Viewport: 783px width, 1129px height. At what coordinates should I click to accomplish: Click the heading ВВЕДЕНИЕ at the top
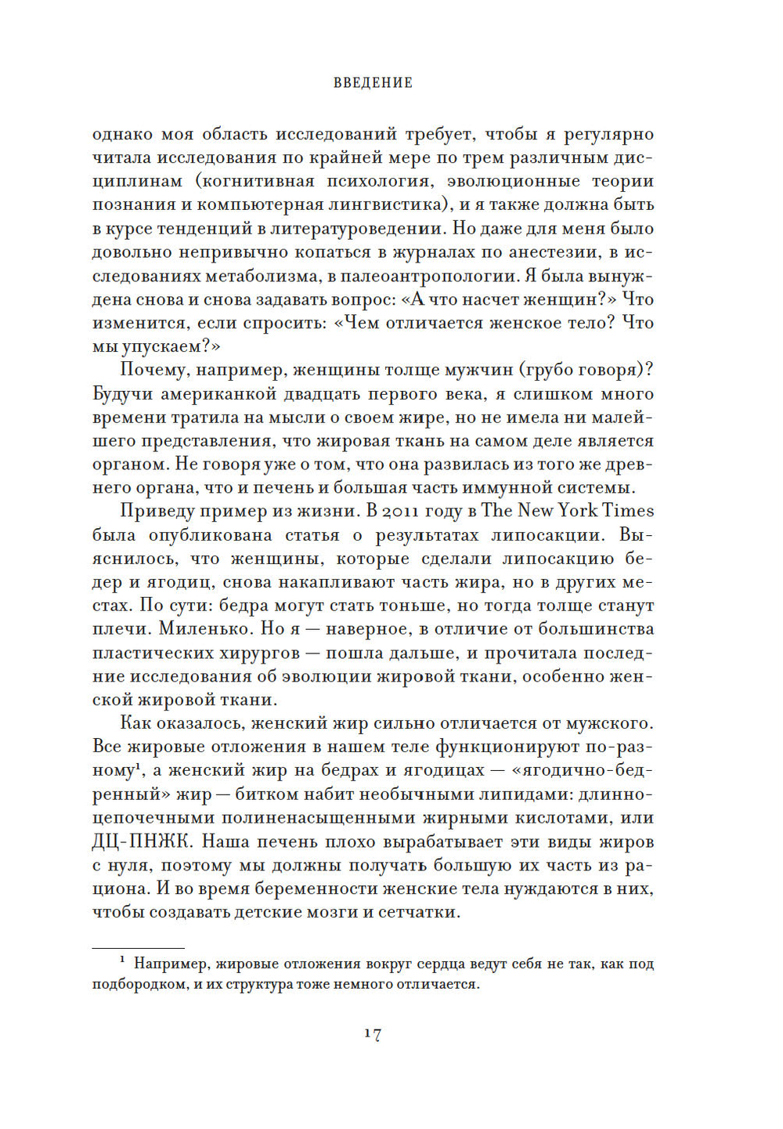373,83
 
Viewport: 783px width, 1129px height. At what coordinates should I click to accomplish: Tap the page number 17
373,1034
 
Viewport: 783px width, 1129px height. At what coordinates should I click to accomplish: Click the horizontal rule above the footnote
138,948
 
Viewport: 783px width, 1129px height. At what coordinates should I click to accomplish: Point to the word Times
630,512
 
